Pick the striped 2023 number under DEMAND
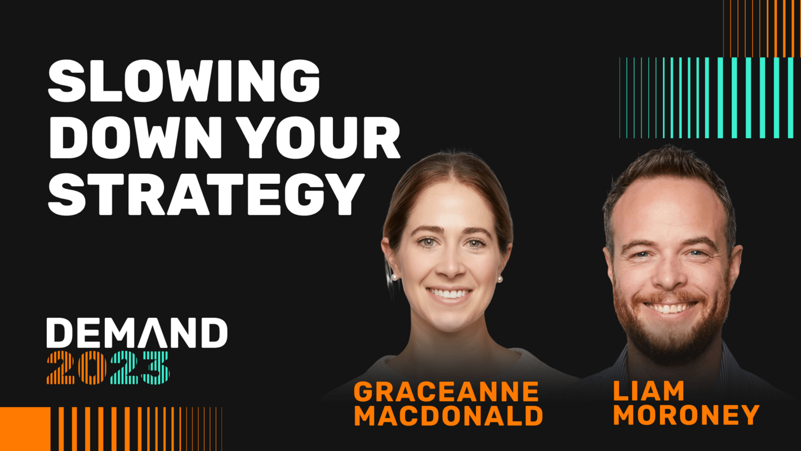click(x=108, y=368)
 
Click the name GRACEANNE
click(x=447, y=392)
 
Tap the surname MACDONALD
click(x=448, y=416)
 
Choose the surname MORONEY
click(x=686, y=415)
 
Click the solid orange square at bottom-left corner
click(x=25, y=428)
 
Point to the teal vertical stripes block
click(x=706, y=98)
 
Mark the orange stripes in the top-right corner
click(x=762, y=28)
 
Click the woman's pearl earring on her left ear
click(x=499, y=278)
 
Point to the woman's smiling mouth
click(x=450, y=294)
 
